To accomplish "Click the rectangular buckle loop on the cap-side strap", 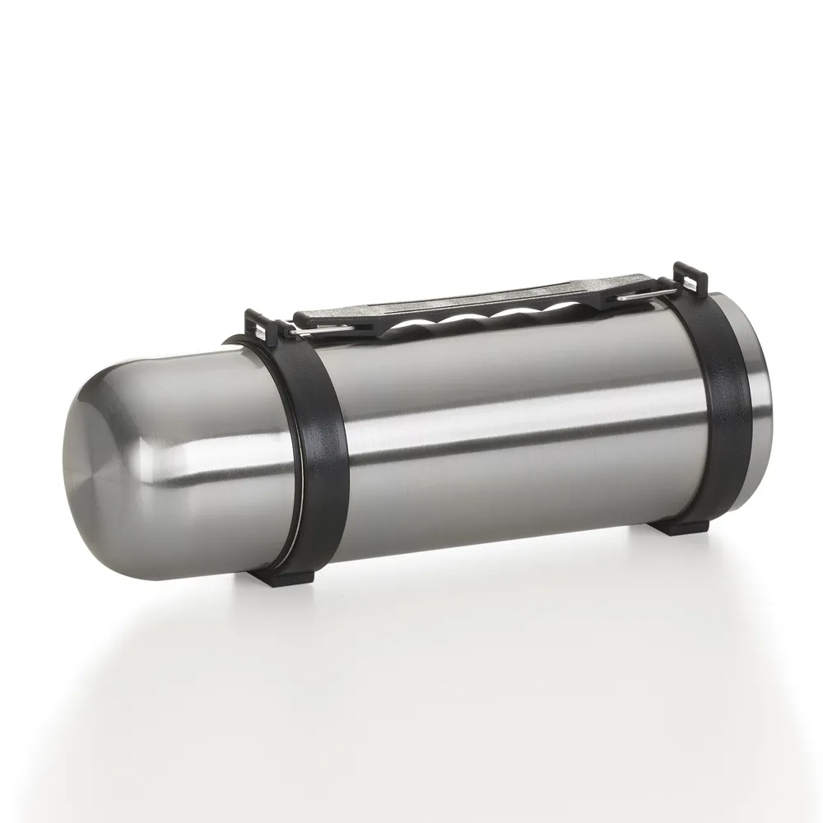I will pos(257,323).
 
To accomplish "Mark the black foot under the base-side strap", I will pos(688,527).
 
